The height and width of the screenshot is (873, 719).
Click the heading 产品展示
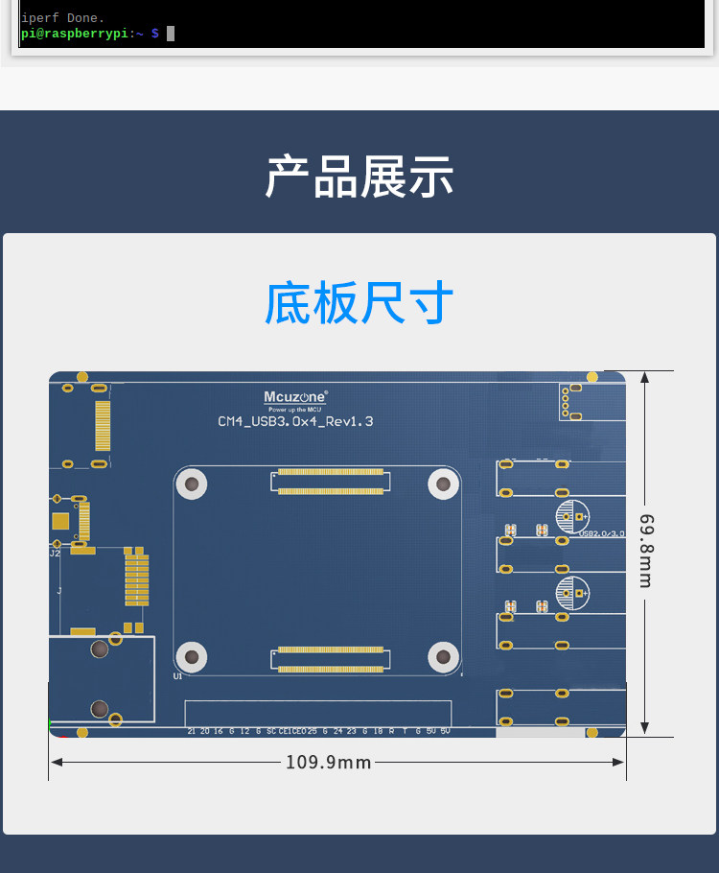point(359,177)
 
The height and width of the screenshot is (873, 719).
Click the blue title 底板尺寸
point(359,304)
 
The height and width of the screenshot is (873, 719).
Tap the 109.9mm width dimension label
point(328,762)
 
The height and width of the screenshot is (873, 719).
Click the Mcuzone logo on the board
point(295,396)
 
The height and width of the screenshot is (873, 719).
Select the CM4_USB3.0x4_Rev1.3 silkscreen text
point(295,421)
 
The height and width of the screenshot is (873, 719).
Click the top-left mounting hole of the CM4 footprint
point(193,484)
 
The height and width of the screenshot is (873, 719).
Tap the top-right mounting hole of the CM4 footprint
point(443,484)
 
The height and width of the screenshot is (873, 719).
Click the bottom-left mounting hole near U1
point(193,656)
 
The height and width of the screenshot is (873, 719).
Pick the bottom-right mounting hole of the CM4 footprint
point(443,656)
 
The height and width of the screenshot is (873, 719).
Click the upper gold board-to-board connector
point(330,482)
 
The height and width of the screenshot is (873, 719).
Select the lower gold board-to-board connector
point(330,658)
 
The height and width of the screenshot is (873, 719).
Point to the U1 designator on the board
point(177,676)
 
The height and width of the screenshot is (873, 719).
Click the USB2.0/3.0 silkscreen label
point(602,532)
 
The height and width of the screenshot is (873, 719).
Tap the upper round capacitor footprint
point(572,515)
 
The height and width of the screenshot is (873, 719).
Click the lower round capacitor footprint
point(572,592)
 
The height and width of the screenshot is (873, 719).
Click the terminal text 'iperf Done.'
point(63,17)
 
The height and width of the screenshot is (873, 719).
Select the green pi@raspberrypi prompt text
point(75,34)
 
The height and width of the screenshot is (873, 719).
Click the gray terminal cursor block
point(171,34)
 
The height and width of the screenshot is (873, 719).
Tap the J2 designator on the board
point(55,554)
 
